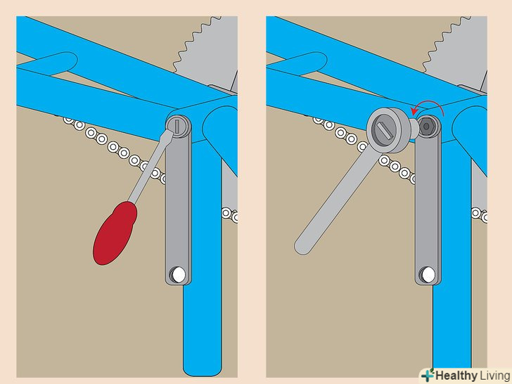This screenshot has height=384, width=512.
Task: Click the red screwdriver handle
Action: tap(115, 233)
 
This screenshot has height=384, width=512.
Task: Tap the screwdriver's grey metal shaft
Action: tap(151, 165)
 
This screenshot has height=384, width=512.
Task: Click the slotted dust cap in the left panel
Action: tap(178, 127)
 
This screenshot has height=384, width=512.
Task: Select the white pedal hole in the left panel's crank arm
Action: tap(179, 274)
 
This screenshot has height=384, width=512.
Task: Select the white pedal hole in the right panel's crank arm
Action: tap(428, 274)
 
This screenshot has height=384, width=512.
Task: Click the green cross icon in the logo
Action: tap(428, 376)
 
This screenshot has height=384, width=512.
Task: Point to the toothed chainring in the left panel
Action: tap(208, 52)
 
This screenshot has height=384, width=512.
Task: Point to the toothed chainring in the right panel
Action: tap(458, 52)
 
